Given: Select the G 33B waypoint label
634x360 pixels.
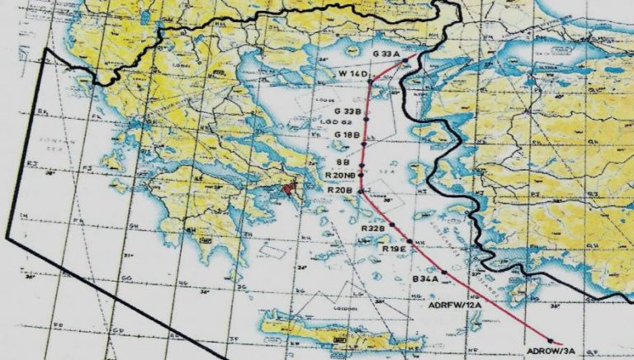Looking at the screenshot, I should coord(348,111).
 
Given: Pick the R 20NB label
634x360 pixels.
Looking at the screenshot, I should coord(340,175).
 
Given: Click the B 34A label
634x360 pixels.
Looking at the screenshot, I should coord(426,279).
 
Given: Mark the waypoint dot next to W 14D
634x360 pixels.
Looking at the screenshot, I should coord(370,81).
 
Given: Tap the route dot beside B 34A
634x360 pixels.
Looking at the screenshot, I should coord(444,272).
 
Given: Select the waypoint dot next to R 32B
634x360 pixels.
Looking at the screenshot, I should coord(394,225).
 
